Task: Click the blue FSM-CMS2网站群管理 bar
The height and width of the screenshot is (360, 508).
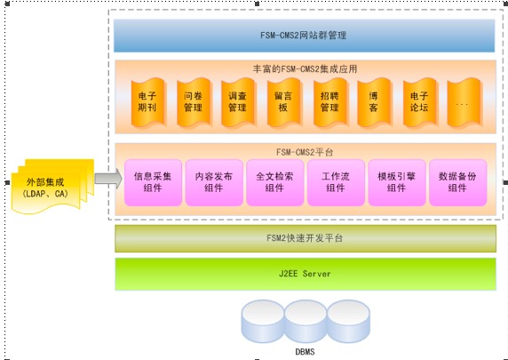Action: click(305, 36)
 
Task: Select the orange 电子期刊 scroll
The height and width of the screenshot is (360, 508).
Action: click(148, 102)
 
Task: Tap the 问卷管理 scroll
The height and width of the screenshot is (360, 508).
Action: click(194, 102)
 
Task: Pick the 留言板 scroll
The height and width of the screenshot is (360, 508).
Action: click(284, 102)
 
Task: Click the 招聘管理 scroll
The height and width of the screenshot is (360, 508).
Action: click(330, 102)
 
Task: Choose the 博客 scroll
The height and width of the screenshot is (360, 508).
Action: click(374, 102)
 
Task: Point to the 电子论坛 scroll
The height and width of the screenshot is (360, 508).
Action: click(420, 102)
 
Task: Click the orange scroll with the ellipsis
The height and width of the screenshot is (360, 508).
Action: click(464, 102)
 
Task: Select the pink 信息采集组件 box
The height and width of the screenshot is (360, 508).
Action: click(153, 182)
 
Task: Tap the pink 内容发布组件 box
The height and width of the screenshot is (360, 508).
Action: click(214, 182)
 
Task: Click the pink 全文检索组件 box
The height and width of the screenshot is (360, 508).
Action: click(274, 182)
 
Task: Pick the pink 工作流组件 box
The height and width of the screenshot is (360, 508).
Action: click(336, 182)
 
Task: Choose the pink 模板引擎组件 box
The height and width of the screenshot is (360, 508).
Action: click(397, 182)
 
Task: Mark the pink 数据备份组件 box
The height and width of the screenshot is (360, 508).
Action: click(457, 182)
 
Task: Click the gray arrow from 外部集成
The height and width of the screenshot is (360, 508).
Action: click(108, 179)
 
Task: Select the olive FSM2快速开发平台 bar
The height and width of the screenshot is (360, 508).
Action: click(306, 238)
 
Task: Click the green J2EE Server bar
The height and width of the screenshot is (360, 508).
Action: click(306, 274)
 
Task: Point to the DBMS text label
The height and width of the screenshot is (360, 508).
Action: click(305, 352)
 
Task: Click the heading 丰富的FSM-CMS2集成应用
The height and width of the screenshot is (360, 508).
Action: click(305, 68)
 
